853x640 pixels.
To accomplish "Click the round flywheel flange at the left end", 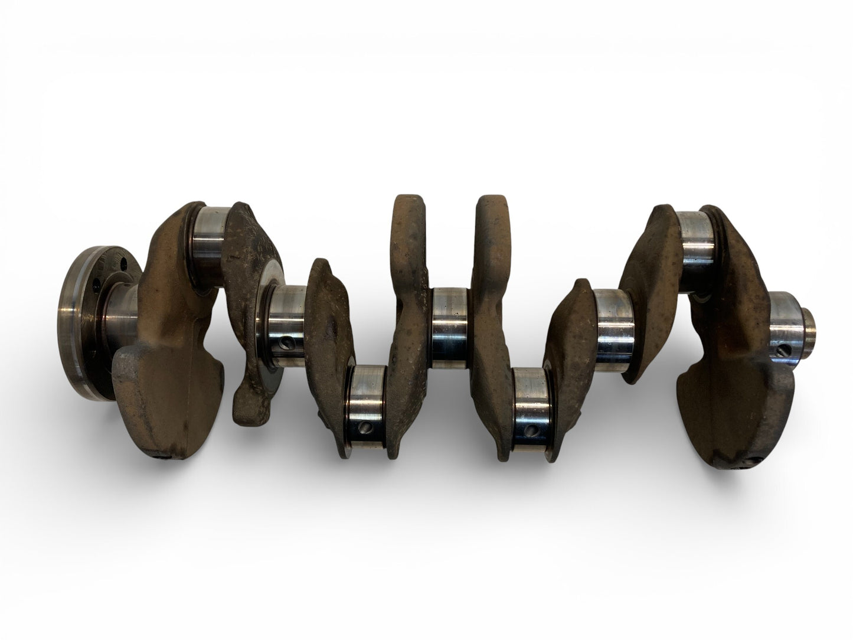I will pos(83,322).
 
